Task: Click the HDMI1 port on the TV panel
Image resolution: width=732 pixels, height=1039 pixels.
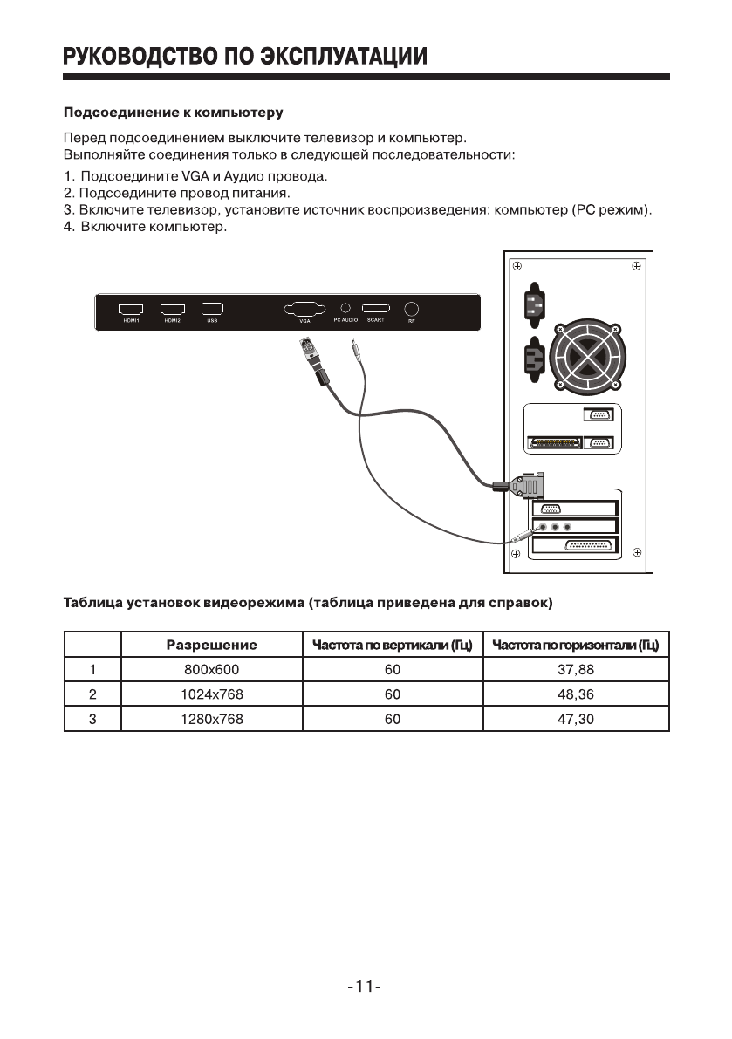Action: (131, 309)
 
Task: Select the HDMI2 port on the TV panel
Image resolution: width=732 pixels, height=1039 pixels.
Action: (173, 309)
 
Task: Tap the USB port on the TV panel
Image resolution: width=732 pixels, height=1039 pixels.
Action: (212, 309)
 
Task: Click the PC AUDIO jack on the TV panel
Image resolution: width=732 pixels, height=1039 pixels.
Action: (345, 308)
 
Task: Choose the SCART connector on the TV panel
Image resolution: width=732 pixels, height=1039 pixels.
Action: (376, 309)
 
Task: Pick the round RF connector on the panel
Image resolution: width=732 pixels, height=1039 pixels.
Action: (412, 309)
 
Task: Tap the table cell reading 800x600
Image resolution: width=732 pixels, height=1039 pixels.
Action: (210, 670)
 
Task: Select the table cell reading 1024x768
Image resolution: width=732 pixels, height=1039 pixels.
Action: (211, 694)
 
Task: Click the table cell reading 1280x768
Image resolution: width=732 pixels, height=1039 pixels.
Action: (211, 719)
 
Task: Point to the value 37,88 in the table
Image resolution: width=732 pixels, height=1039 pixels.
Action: (575, 670)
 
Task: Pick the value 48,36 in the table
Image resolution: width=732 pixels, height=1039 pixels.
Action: (575, 694)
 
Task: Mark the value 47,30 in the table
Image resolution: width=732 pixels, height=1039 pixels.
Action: (575, 719)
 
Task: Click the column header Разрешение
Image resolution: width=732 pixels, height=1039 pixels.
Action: (211, 646)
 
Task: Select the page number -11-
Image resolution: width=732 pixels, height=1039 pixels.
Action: (365, 987)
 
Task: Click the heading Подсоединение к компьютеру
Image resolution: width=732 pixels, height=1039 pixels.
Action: (173, 113)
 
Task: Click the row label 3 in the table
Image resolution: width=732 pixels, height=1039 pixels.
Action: (92, 719)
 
